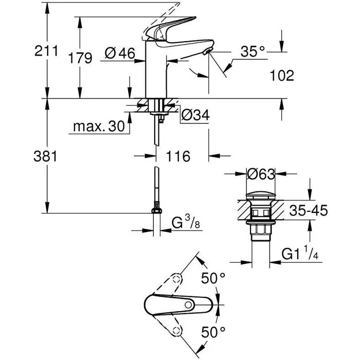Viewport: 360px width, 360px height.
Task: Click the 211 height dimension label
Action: click(45, 51)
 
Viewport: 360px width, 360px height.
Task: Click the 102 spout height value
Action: click(282, 76)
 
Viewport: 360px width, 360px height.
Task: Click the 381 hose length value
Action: click(45, 156)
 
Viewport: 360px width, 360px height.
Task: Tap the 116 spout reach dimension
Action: click(176, 156)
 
